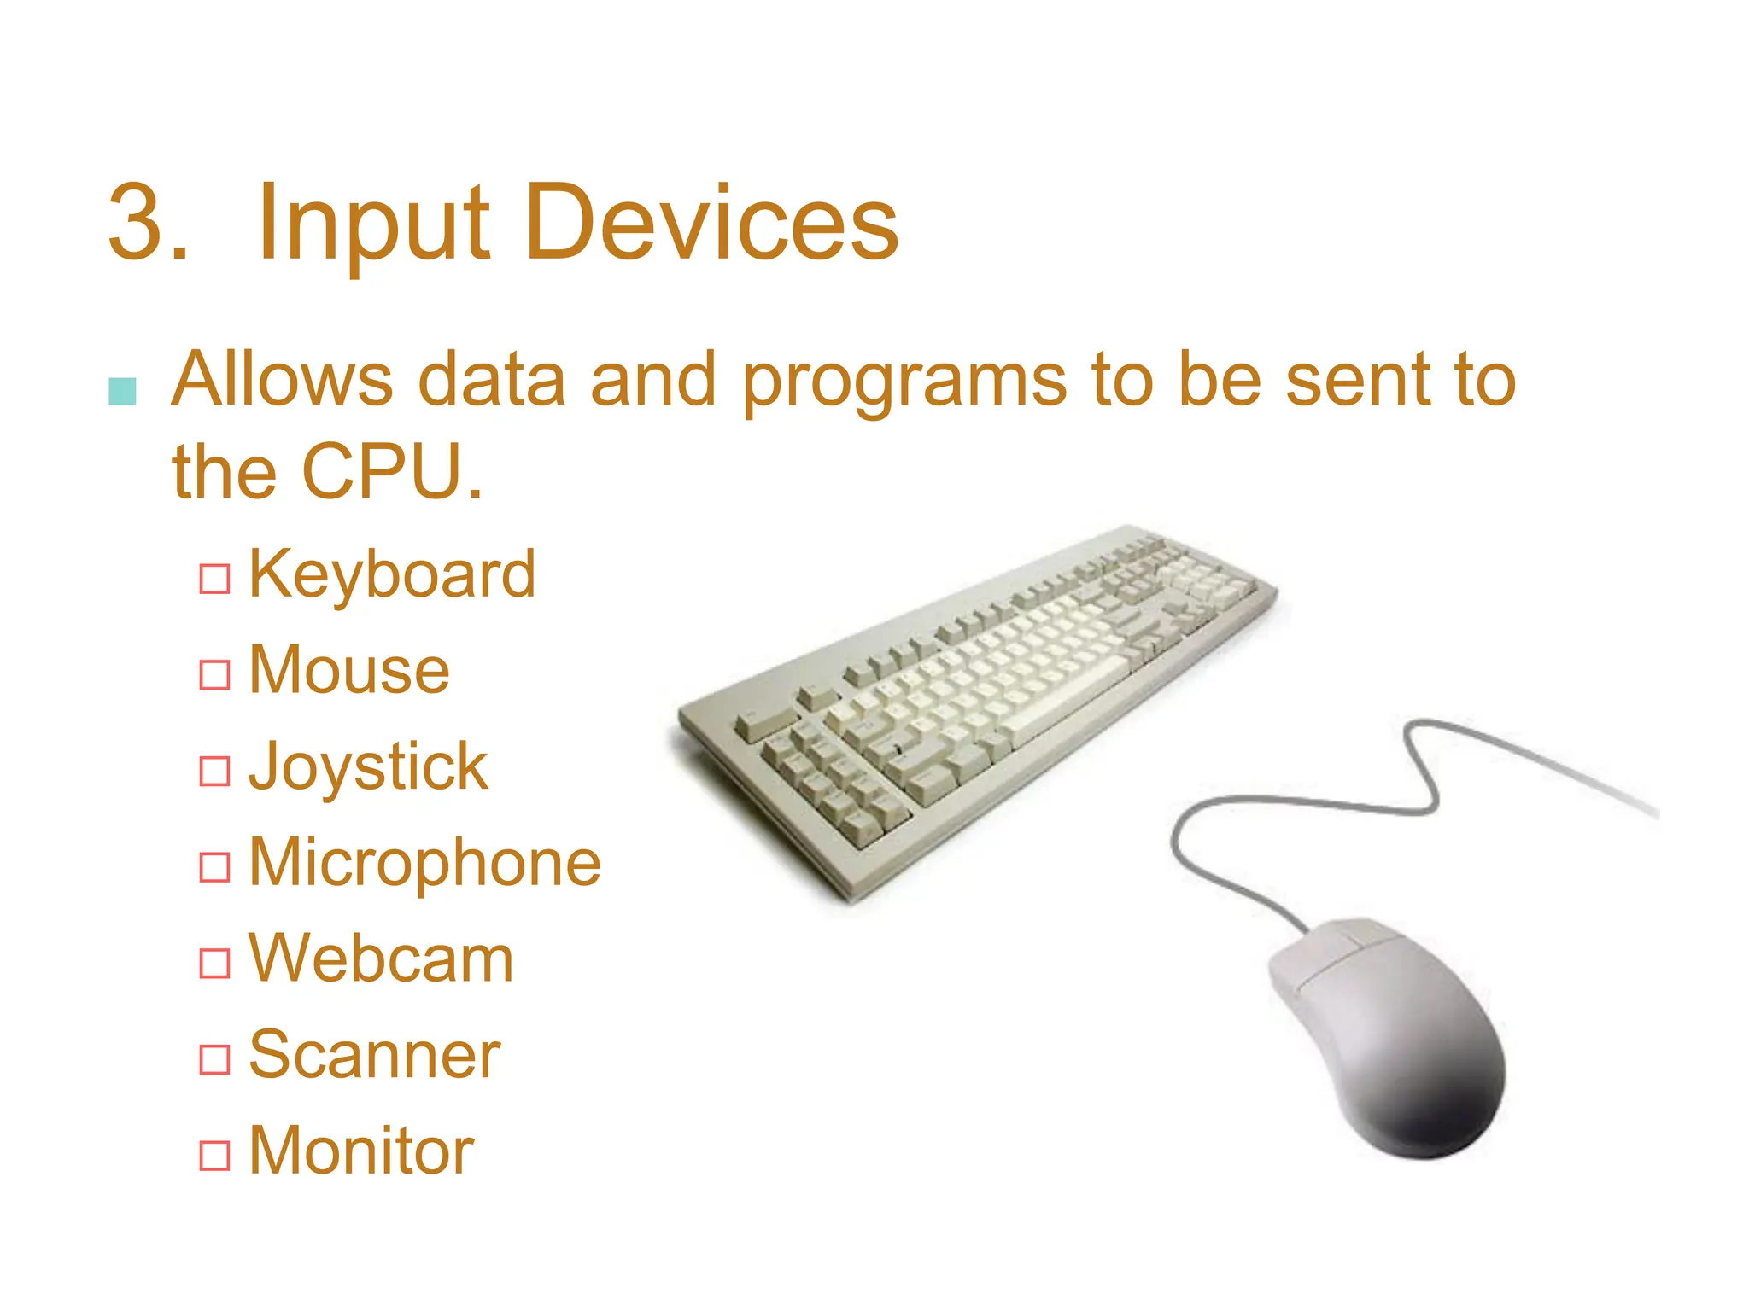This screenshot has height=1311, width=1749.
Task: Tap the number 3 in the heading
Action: tap(137, 224)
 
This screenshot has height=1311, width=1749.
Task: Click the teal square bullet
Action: tap(123, 391)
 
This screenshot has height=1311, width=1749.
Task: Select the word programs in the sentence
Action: tap(904, 382)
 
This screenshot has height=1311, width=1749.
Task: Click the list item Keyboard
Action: tap(392, 574)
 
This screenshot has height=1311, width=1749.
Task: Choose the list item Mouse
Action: tap(349, 671)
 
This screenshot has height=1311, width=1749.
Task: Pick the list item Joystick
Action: tap(368, 766)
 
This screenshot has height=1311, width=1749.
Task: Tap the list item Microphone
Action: tap(424, 863)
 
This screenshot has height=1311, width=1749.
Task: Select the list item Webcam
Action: tap(381, 959)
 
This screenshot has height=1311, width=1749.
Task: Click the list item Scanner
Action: tap(374, 1055)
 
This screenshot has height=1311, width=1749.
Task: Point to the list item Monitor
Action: tap(360, 1151)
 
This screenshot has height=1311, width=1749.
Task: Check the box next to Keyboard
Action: tap(214, 579)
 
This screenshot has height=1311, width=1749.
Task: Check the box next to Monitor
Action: tap(214, 1156)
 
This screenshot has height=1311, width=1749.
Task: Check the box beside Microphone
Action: tap(214, 867)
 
